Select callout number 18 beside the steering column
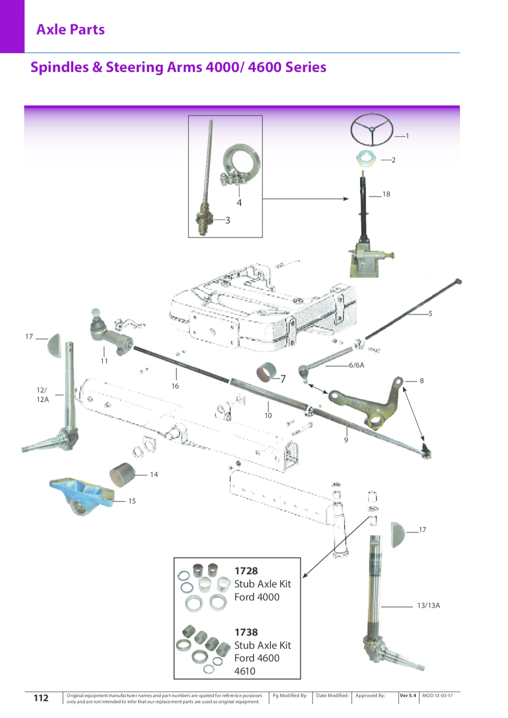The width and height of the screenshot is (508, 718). click(x=386, y=194)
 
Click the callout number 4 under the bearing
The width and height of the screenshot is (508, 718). click(x=239, y=203)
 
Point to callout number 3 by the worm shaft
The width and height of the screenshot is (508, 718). click(x=228, y=220)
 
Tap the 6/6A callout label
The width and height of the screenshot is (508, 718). click(x=357, y=365)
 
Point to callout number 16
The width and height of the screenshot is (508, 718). click(x=175, y=386)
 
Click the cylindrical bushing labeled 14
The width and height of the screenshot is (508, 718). click(x=123, y=475)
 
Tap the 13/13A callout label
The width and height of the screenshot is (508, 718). click(x=429, y=606)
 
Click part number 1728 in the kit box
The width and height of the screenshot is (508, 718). click(x=246, y=571)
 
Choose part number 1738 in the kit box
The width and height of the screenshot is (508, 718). click(x=246, y=632)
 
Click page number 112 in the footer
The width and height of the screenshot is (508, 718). click(x=41, y=698)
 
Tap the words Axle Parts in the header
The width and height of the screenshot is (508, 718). click(x=71, y=29)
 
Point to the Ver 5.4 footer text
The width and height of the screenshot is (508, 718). click(x=408, y=696)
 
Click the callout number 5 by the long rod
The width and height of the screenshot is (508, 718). click(x=430, y=313)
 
